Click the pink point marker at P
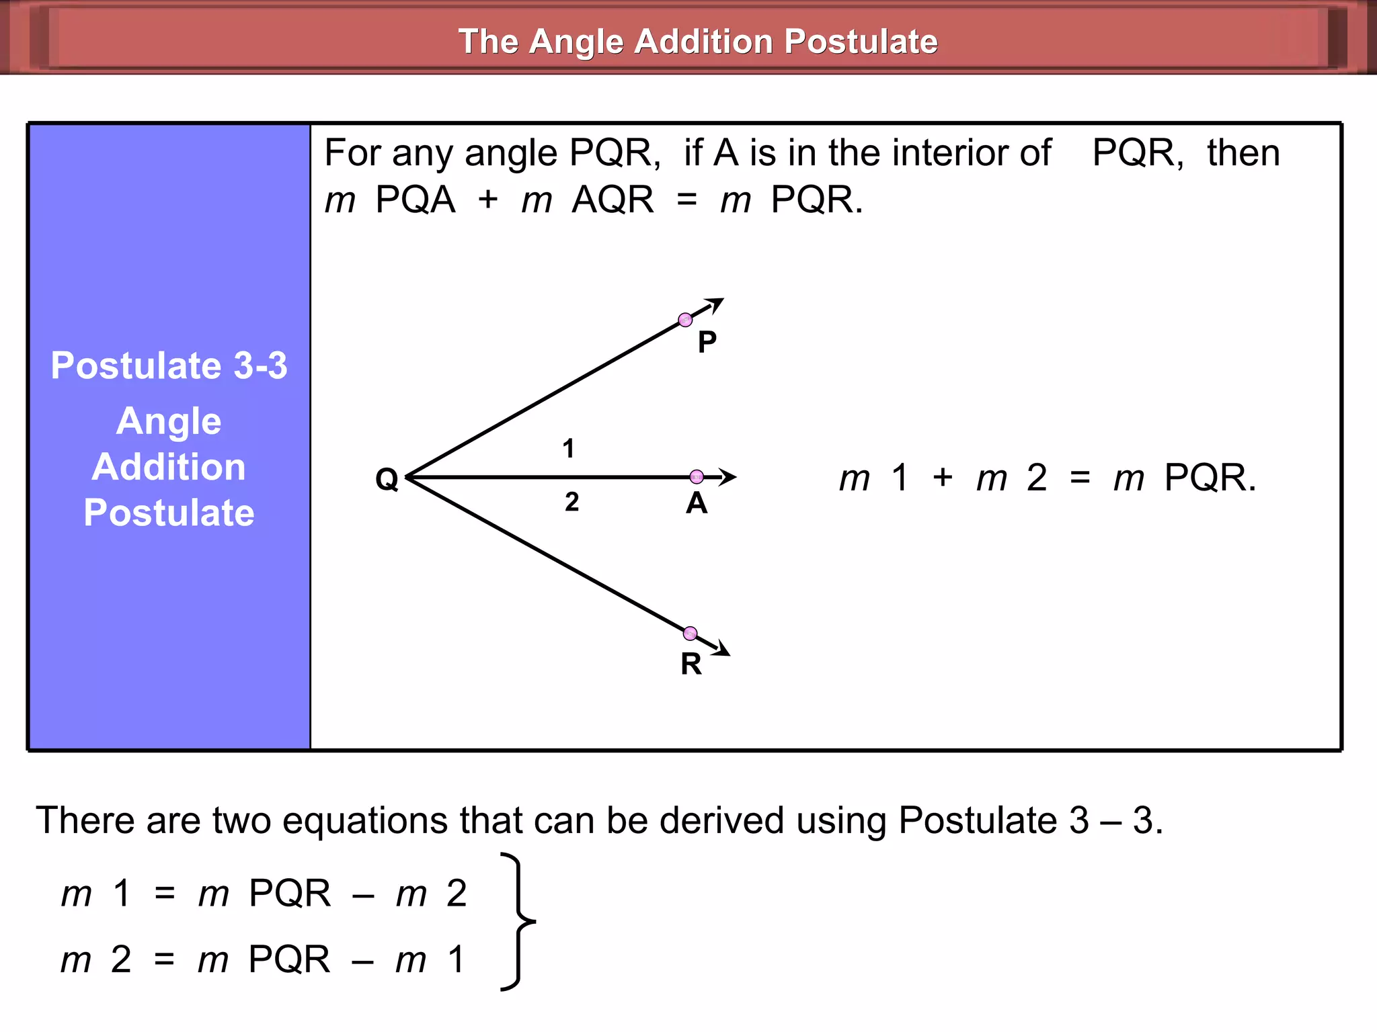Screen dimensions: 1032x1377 point(685,320)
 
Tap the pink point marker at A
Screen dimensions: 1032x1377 point(697,477)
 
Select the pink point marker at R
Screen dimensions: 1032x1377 point(690,634)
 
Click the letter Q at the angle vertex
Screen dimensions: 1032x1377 point(387,480)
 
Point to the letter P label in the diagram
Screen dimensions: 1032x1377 point(707,343)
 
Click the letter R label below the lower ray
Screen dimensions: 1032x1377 point(691,664)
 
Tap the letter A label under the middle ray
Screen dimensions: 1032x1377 point(697,504)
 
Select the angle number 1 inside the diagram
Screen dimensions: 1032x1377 point(569,449)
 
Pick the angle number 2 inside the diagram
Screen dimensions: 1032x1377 point(572,502)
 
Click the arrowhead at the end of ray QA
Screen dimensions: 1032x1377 point(727,477)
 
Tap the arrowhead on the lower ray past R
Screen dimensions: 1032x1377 point(721,649)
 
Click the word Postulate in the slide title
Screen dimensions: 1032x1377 point(861,42)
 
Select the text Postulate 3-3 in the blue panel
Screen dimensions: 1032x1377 point(169,366)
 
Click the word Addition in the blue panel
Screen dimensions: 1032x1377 point(169,467)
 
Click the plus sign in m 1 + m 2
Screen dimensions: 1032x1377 point(943,478)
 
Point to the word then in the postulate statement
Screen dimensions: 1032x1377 point(1243,153)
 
